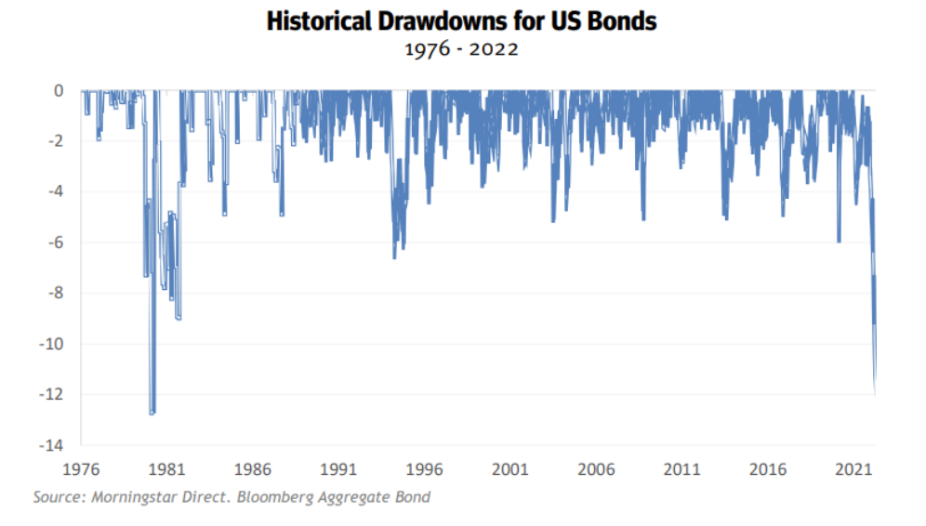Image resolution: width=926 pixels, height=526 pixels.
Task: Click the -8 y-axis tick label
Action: pyautogui.click(x=56, y=294)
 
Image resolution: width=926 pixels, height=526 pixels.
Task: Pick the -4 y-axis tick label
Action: pyautogui.click(x=56, y=192)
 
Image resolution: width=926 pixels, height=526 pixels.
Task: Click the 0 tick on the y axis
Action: pyautogui.click(x=59, y=91)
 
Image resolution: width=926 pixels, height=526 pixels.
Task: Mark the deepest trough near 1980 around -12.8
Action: pyautogui.click(x=152, y=413)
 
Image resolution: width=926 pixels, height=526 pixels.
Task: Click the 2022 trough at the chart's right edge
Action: pyautogui.click(x=875, y=390)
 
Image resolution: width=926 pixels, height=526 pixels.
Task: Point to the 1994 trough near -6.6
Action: pyautogui.click(x=394, y=256)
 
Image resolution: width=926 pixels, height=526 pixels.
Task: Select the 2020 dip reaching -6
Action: pyautogui.click(x=839, y=241)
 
